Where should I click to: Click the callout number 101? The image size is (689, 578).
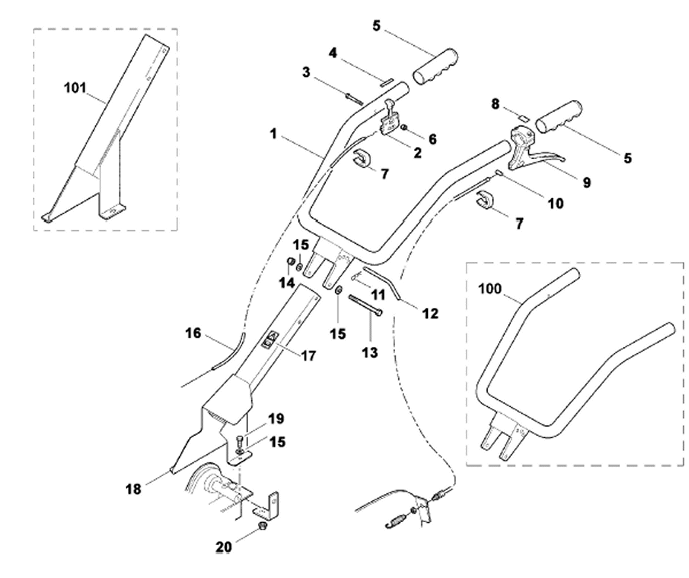(75, 88)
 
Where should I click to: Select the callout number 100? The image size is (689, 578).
(490, 289)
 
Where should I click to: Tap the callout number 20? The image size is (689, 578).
(223, 547)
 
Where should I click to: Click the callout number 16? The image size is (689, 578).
(193, 334)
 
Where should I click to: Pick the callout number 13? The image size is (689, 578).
(369, 352)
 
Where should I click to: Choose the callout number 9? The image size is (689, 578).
(587, 183)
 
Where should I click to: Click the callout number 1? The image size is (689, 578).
(274, 134)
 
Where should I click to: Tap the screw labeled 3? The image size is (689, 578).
(354, 99)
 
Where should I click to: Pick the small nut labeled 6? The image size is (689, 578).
(404, 127)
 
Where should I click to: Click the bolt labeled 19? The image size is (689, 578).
(240, 442)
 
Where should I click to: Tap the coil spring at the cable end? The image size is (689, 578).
(396, 520)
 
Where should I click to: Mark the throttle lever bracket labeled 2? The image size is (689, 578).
(390, 122)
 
